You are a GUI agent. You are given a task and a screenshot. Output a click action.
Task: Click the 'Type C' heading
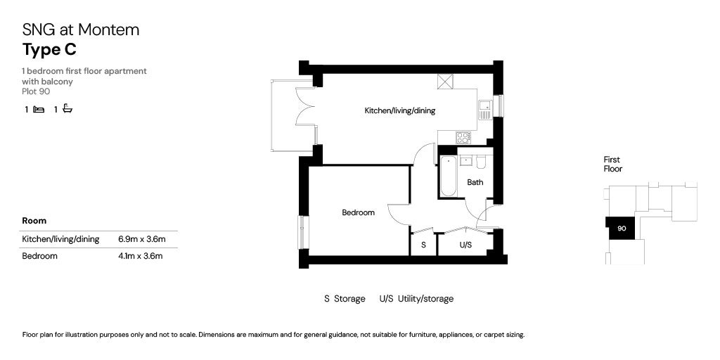coord(49,50)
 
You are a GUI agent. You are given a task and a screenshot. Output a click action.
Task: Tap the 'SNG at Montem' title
coord(81,30)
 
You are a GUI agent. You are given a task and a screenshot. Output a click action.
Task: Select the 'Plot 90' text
coord(36,91)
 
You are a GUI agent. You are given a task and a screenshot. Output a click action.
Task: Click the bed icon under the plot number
coord(39,110)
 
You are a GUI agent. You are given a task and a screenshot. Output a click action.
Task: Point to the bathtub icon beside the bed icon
coord(67,109)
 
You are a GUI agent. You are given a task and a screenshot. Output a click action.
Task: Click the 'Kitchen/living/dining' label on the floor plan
coord(400,111)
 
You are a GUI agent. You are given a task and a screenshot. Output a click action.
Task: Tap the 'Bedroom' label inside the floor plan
coord(358,212)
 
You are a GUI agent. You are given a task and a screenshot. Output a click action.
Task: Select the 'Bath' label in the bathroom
coord(475,183)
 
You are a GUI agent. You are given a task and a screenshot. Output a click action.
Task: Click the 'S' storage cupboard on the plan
coord(423,245)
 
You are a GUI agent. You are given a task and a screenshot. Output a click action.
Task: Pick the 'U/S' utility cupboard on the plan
coord(465,245)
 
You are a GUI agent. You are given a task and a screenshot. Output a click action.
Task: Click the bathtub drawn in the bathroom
coord(447,176)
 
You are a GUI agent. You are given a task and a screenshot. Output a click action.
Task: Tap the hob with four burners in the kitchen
coord(463,137)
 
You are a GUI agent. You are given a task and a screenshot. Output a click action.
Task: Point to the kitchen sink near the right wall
coord(484,110)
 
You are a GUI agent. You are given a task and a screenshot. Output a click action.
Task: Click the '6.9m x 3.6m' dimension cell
coord(141,239)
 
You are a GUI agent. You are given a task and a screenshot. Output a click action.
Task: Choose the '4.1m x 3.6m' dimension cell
coord(141,256)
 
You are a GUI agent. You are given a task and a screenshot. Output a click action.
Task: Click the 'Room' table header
coord(34,221)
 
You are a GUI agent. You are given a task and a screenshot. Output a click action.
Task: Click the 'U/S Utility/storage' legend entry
coord(416,299)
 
